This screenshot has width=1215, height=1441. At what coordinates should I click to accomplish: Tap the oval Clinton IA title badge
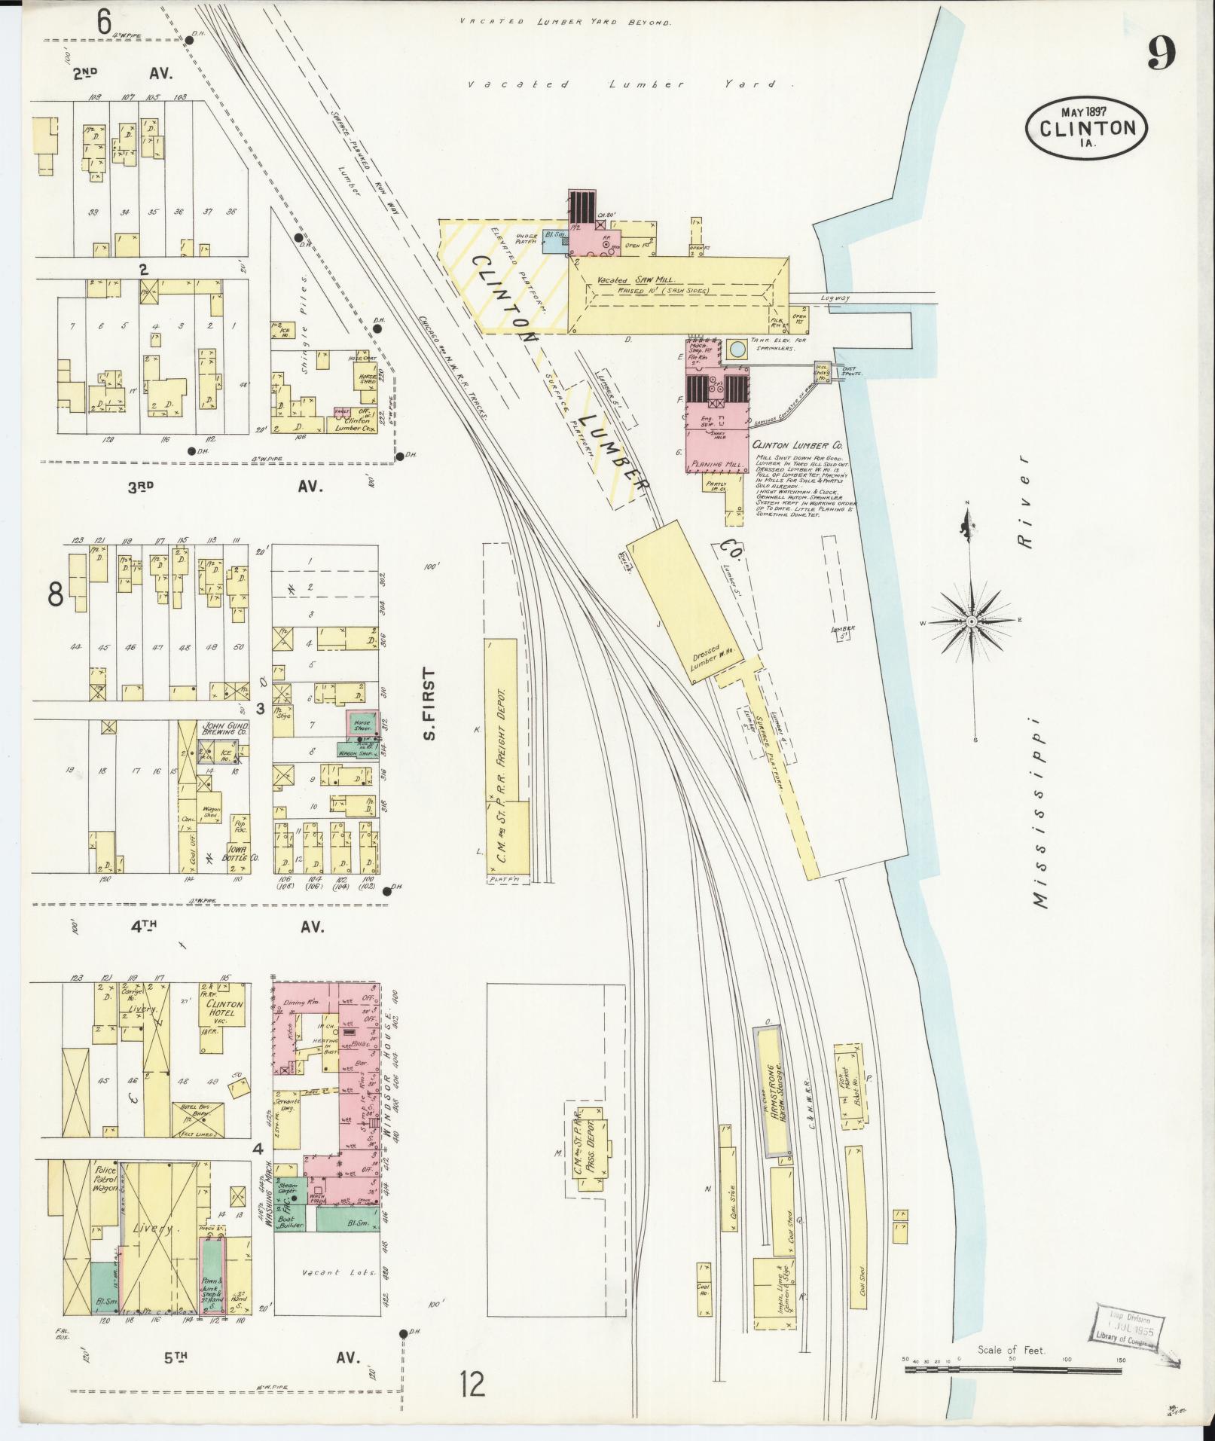1087,127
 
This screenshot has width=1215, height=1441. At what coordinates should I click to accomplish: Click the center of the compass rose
972,621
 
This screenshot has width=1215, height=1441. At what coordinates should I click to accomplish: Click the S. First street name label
430,704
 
